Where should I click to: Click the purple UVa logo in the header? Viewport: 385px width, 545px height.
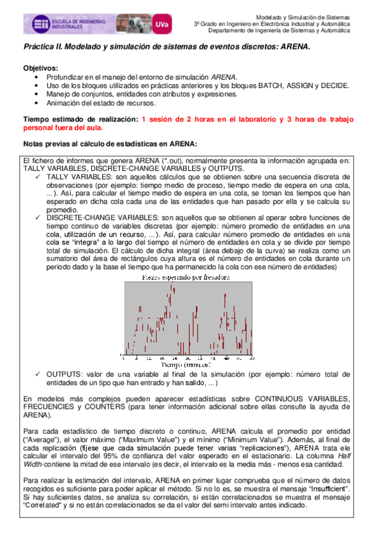click(163, 24)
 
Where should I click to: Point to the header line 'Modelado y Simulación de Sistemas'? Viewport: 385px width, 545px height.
click(303, 17)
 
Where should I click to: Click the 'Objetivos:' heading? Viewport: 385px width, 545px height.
click(40, 68)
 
